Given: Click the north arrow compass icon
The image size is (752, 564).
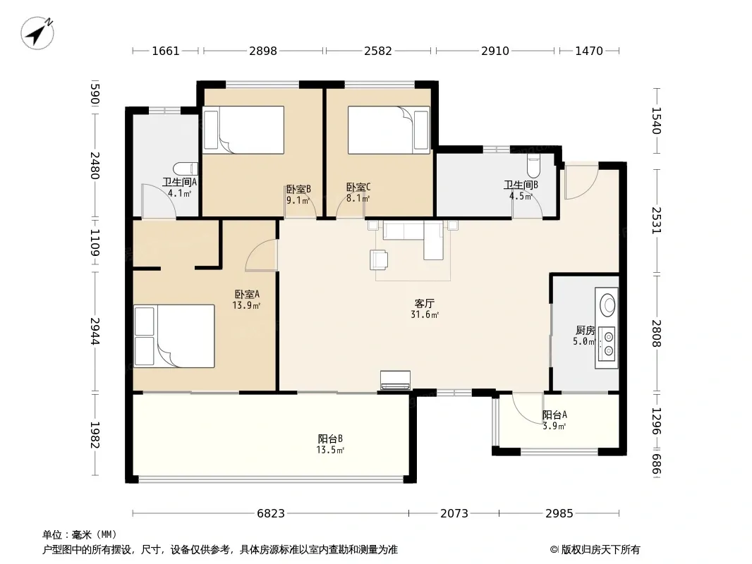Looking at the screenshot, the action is tap(37, 32).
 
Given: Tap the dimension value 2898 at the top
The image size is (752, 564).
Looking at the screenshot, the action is tap(263, 51).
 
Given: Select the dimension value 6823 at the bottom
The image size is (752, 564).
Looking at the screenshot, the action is tap(271, 513).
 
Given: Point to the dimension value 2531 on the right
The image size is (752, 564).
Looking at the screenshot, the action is tap(656, 221).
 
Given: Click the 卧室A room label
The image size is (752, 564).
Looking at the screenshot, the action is tap(247, 294).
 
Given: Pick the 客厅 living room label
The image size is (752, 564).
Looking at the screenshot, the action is tap(425, 303).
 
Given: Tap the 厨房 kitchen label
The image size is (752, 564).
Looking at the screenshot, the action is tap(585, 330).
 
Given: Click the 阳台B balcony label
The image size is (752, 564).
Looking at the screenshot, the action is tap(330, 439).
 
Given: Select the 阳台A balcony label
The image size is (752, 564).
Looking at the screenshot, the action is tap(554, 415).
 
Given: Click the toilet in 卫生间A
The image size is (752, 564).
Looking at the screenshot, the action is tap(186, 168).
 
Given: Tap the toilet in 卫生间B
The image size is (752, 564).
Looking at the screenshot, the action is tap(533, 165).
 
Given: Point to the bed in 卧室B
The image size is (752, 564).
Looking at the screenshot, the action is tap(243, 130).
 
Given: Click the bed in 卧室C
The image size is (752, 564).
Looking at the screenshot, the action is tap(389, 130).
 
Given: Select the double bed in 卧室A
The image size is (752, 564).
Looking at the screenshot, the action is tap(174, 336).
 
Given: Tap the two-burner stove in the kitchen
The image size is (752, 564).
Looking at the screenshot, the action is tap(607, 343).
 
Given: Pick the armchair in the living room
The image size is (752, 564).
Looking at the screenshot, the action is tap(379, 259).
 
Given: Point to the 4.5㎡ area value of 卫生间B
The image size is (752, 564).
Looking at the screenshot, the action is tap(521, 197).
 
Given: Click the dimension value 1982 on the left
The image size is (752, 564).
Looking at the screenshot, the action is tap(95, 434).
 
